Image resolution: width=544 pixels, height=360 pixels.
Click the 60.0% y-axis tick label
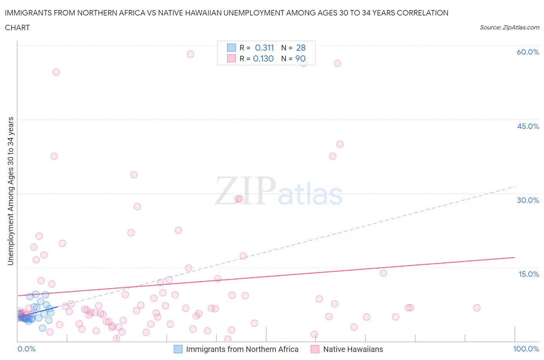pyautogui.click(x=528, y=52)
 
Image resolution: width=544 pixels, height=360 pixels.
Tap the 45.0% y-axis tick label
pyautogui.click(x=528, y=127)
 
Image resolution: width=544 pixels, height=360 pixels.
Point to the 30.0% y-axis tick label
pyautogui.click(x=528, y=201)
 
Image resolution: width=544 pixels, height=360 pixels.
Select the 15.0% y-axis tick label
pyautogui.click(x=529, y=274)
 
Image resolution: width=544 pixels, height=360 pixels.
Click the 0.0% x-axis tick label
pyautogui.click(x=26, y=349)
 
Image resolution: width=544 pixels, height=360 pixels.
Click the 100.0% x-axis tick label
pyautogui.click(x=526, y=349)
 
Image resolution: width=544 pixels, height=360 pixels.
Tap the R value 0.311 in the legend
pyautogui.click(x=264, y=48)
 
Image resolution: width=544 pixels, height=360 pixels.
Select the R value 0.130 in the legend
pyautogui.click(x=263, y=59)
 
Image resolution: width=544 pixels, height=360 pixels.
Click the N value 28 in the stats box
pyautogui.click(x=301, y=48)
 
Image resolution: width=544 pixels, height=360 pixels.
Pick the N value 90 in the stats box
pyautogui.click(x=300, y=59)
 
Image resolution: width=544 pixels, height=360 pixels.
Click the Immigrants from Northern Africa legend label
pyautogui.click(x=242, y=350)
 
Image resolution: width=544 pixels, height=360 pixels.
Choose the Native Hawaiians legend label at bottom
pyautogui.click(x=353, y=350)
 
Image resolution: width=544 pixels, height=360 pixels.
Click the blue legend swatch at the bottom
pyautogui.click(x=178, y=349)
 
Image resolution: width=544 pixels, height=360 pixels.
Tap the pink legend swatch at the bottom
pyautogui.click(x=315, y=349)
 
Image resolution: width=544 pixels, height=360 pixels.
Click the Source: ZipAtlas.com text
pyautogui.click(x=509, y=27)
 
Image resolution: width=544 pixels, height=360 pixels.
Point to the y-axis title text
pyautogui.click(x=10, y=191)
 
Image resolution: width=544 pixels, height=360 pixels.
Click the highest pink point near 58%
pyautogui.click(x=190, y=54)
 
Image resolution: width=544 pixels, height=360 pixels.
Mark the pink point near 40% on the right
pyautogui.click(x=340, y=144)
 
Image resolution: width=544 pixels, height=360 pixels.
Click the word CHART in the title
pyautogui.click(x=17, y=27)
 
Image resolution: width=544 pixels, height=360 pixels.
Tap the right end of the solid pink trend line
pyautogui.click(x=515, y=257)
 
